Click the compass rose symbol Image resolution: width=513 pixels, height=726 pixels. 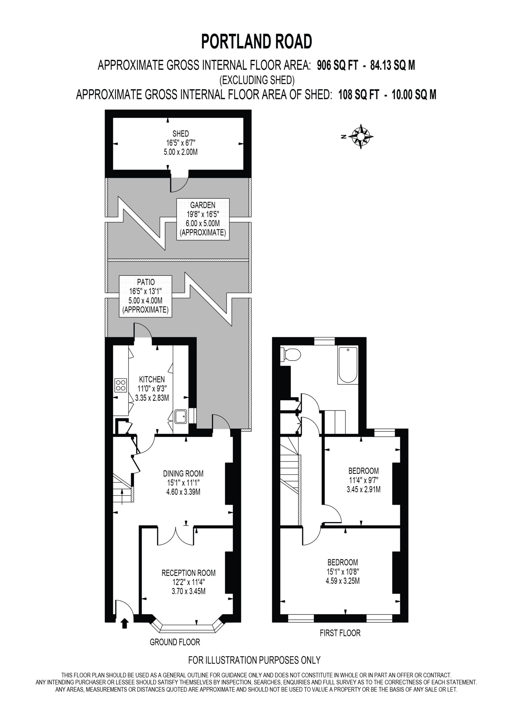[x=361, y=137]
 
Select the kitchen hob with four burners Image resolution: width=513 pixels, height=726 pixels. [x=121, y=385]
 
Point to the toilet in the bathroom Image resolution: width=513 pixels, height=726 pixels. [x=291, y=354]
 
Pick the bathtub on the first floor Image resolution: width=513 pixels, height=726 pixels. [x=348, y=365]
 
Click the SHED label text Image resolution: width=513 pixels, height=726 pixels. [x=181, y=134]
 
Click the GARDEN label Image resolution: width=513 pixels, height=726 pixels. [x=203, y=205]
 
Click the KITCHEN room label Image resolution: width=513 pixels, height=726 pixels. [x=152, y=379]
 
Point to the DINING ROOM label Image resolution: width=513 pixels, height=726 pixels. [x=183, y=473]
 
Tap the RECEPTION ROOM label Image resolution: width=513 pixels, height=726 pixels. [x=189, y=573]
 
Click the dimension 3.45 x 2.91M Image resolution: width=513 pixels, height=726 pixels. [x=364, y=489]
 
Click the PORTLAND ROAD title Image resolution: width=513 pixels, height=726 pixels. [x=257, y=41]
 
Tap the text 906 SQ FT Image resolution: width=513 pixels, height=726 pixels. [x=338, y=65]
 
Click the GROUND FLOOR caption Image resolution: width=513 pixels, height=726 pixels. [x=175, y=642]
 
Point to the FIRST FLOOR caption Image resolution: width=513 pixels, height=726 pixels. [x=340, y=633]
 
